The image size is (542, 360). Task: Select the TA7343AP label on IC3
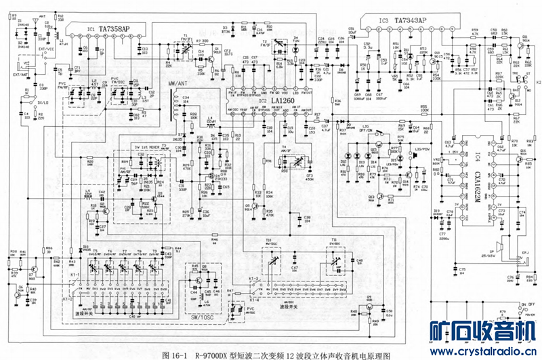click(x=409, y=20)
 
